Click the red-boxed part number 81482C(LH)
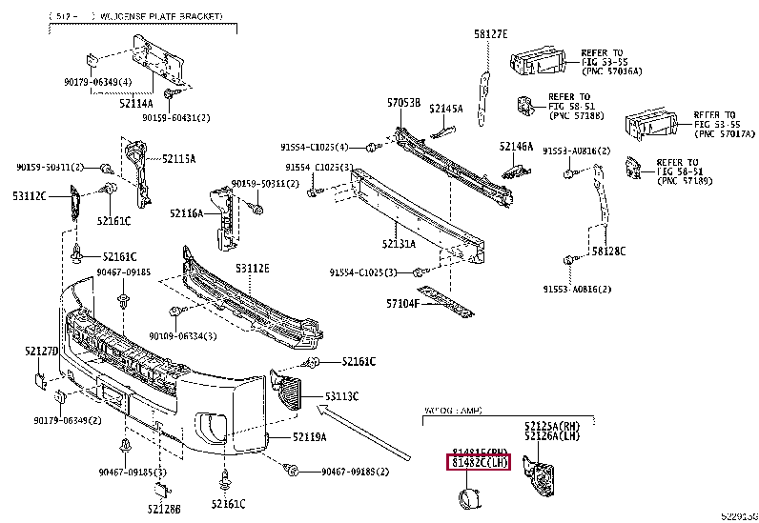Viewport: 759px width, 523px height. click(x=480, y=464)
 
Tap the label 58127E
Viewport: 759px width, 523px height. click(x=490, y=34)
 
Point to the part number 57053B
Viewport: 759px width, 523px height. click(x=403, y=101)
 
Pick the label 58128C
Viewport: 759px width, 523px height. click(x=607, y=251)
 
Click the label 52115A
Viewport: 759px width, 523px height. click(x=177, y=159)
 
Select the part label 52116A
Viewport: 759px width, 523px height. click(x=187, y=213)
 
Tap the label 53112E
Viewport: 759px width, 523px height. click(x=252, y=269)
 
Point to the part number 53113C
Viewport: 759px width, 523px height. click(x=340, y=394)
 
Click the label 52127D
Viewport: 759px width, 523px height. click(x=42, y=352)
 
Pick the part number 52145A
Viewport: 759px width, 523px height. click(x=445, y=109)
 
